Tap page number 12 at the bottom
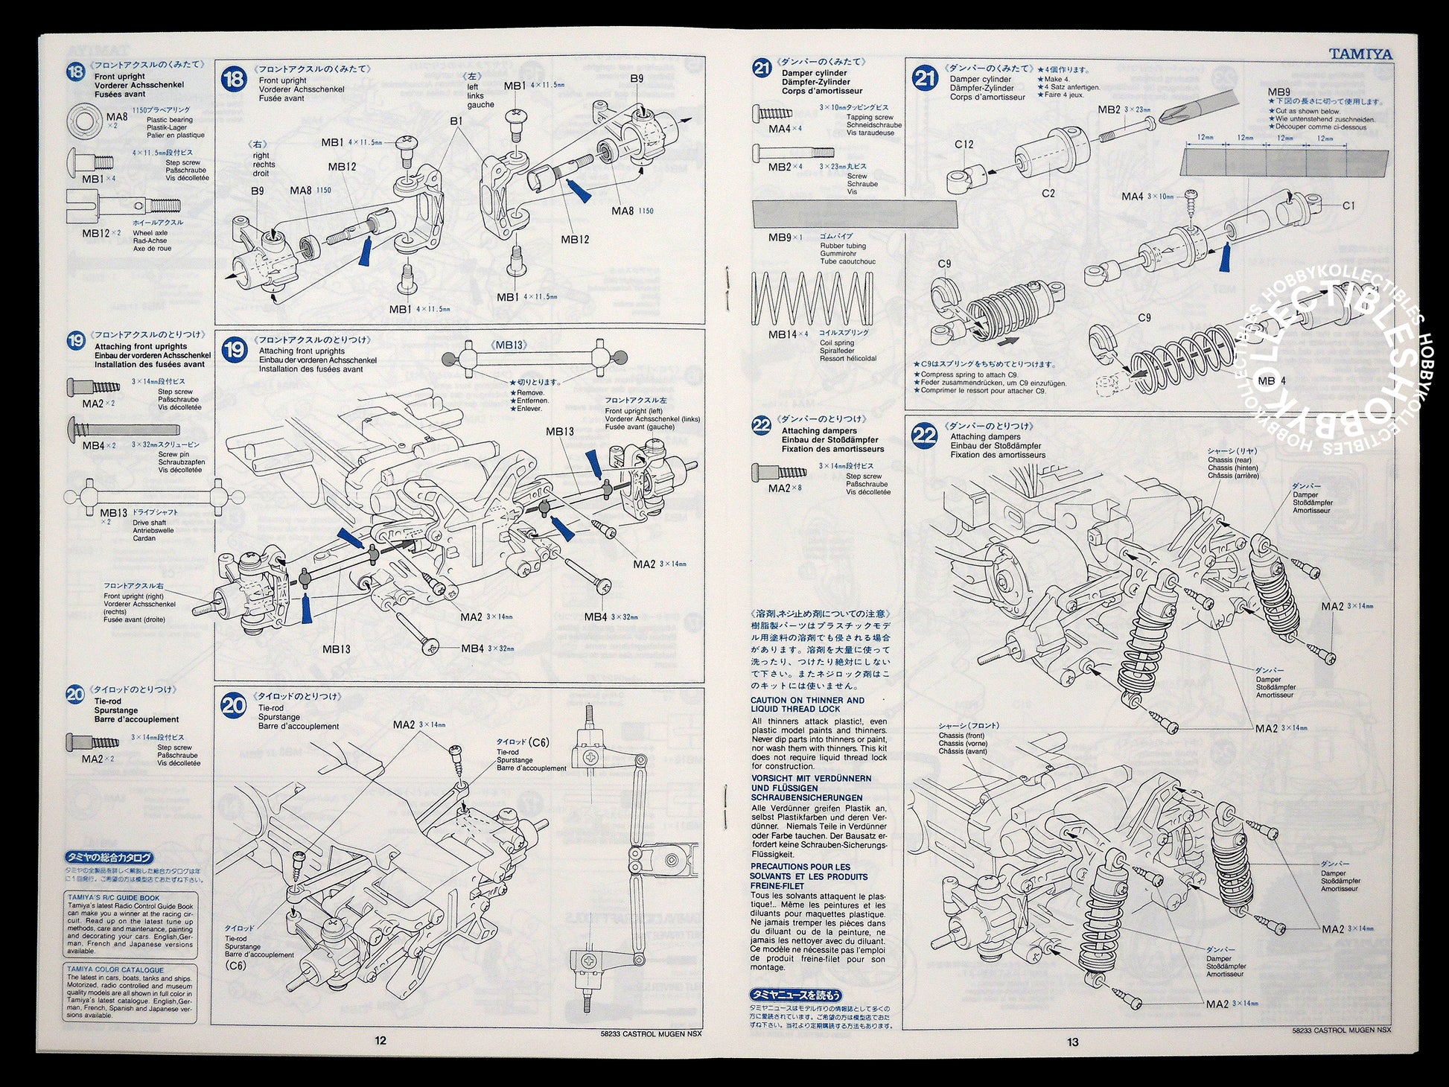point(380,1041)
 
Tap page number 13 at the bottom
point(1072,1042)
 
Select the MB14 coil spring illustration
point(812,299)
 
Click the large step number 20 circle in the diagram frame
point(234,705)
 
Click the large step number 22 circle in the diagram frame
point(925,436)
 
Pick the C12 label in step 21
point(964,144)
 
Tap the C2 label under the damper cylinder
point(1048,194)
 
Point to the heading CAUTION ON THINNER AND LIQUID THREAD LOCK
point(807,704)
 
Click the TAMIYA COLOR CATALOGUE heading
point(115,970)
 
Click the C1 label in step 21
point(1348,205)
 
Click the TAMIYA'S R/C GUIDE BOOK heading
point(114,898)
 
